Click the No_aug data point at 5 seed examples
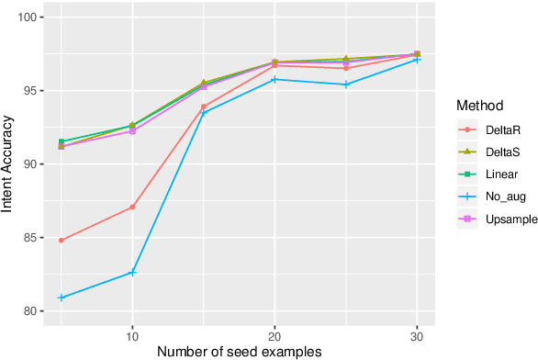[x=62, y=298]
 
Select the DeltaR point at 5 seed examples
[x=62, y=241]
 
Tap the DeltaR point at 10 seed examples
[x=132, y=207]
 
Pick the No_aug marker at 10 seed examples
[x=132, y=272]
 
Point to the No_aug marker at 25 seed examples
[x=345, y=84]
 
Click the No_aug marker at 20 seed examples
[x=275, y=79]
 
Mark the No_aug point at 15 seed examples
[x=203, y=113]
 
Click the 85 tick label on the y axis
[x=34, y=238]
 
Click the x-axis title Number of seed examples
[x=239, y=350]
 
